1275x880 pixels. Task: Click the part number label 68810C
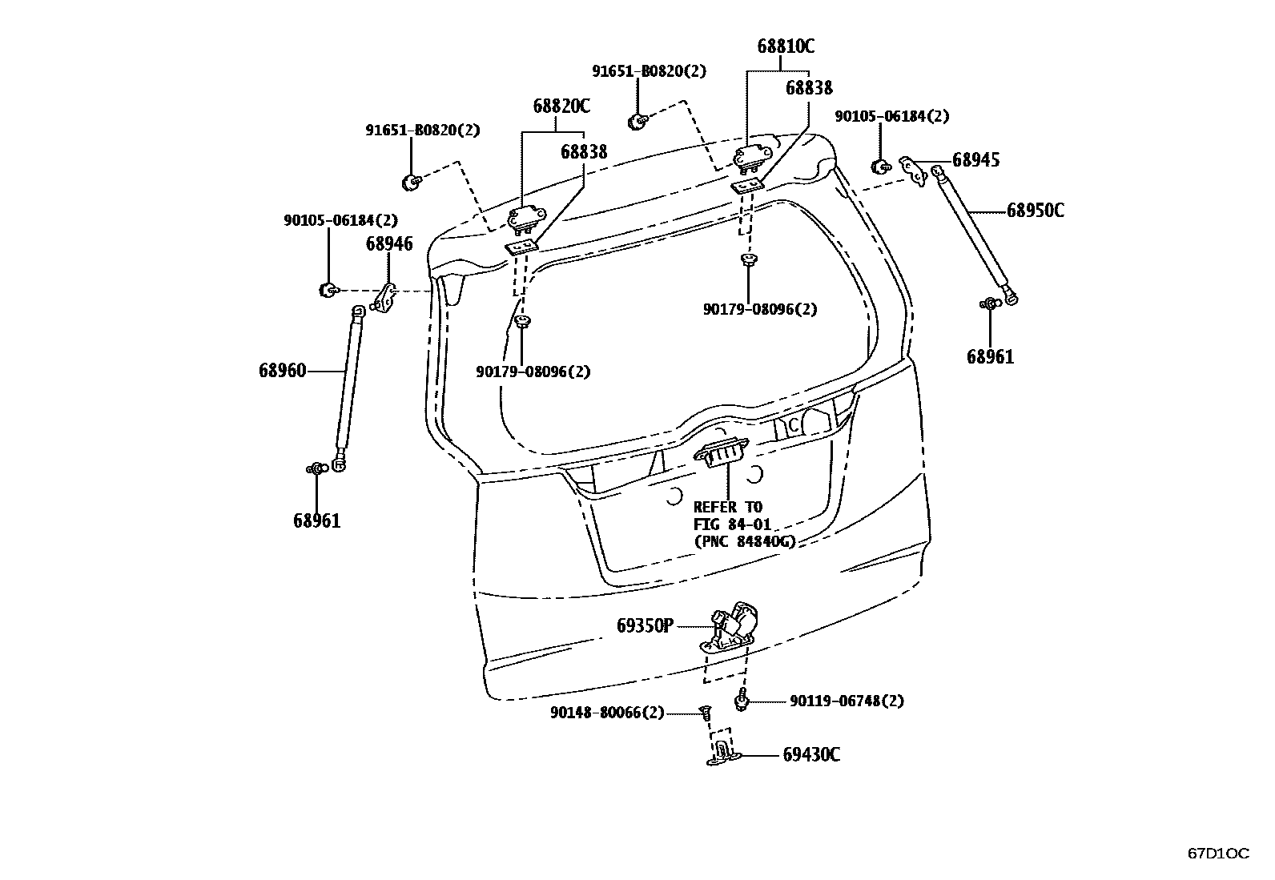(x=786, y=46)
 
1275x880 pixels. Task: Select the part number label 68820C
(x=561, y=106)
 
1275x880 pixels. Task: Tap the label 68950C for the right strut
(x=1035, y=211)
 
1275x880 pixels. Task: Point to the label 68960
(x=282, y=371)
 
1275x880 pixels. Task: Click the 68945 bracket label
(x=975, y=160)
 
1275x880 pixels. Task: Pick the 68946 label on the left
(x=389, y=243)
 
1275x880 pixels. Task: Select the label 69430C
(x=810, y=755)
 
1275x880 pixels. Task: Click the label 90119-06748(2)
(x=846, y=701)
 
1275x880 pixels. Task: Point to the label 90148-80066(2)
(x=607, y=712)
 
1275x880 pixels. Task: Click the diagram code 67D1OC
(x=1217, y=854)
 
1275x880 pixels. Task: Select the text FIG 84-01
(x=732, y=524)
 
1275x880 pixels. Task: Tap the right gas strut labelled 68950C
(x=973, y=232)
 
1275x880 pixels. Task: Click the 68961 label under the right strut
(x=990, y=357)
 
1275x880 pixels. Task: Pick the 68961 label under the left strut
(x=316, y=521)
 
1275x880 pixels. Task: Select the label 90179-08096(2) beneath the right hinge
(x=760, y=309)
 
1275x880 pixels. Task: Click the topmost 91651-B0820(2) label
(x=650, y=71)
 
